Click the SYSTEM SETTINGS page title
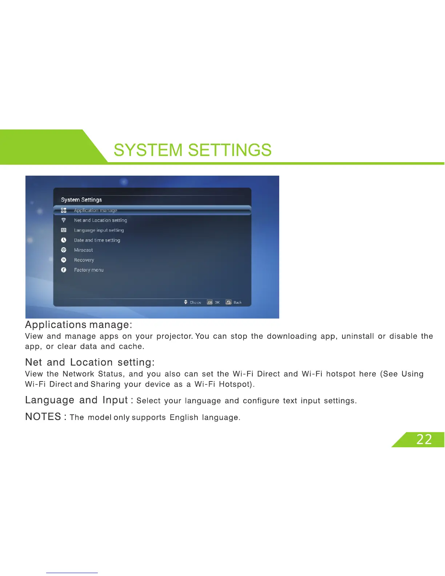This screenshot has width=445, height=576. [193, 150]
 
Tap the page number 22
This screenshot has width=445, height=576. [424, 440]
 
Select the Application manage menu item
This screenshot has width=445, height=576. [95, 210]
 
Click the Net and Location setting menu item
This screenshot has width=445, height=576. [100, 220]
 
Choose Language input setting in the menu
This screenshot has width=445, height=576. [99, 230]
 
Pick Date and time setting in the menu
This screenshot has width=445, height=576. [97, 240]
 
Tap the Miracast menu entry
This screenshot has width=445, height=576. [83, 250]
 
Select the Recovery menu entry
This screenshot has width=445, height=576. [84, 260]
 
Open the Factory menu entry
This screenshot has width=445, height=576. [89, 270]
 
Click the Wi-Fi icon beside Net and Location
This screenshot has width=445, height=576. [64, 220]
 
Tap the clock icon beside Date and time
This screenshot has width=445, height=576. [64, 240]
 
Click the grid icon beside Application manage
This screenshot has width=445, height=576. [64, 210]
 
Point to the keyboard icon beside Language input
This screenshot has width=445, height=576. [64, 230]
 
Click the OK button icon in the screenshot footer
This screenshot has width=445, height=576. [210, 302]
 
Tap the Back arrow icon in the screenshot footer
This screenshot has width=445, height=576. [228, 302]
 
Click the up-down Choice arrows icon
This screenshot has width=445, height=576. [185, 302]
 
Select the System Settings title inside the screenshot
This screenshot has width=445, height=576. [81, 200]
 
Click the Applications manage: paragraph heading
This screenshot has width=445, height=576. [79, 325]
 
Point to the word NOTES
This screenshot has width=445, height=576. [43, 417]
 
